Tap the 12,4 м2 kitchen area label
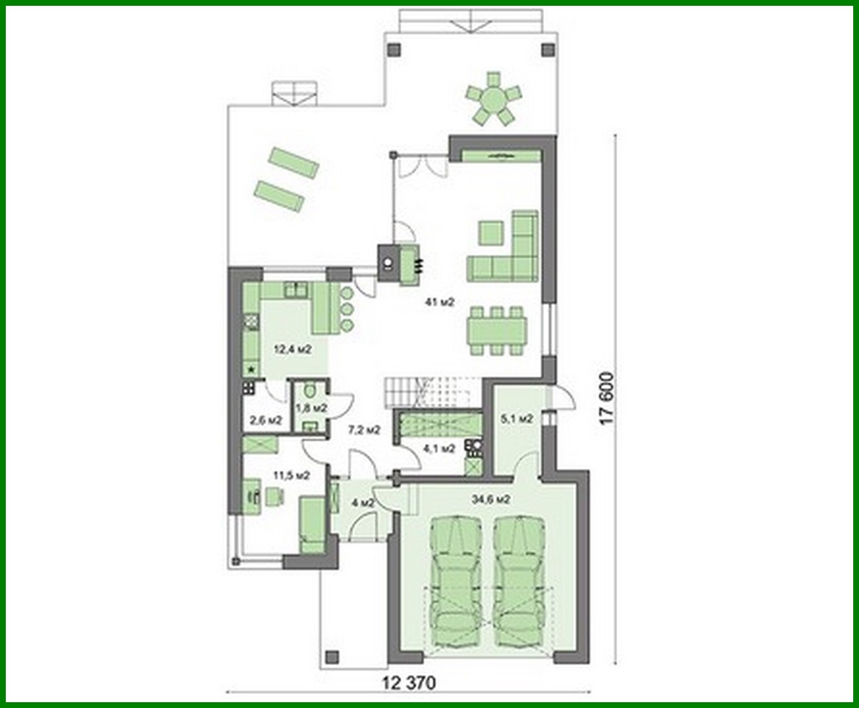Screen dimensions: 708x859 click(x=293, y=349)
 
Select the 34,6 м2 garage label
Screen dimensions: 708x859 click(x=492, y=498)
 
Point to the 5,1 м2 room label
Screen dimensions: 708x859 click(x=517, y=419)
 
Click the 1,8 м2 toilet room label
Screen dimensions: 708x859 click(x=311, y=408)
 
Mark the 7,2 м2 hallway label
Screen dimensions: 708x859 click(x=363, y=429)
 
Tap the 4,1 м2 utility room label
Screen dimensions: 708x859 click(x=439, y=448)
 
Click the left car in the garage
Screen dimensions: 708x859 click(x=457, y=580)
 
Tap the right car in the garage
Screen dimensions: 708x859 click(x=521, y=580)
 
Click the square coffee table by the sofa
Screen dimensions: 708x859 click(x=490, y=233)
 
